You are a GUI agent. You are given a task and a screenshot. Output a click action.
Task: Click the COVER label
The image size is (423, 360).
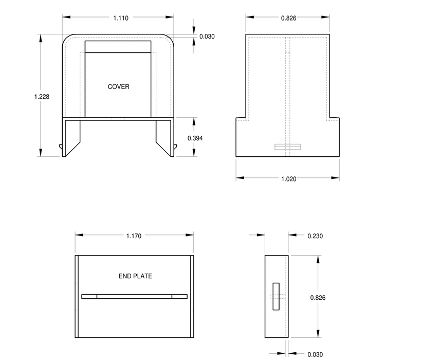[x=118, y=86]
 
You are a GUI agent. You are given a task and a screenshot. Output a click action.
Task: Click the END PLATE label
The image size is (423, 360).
[x=135, y=276]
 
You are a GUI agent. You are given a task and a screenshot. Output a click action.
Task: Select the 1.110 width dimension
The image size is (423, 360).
[x=121, y=18]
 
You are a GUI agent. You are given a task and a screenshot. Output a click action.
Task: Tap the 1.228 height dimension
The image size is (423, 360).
[x=42, y=96]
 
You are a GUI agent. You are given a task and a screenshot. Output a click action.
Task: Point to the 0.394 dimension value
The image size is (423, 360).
[x=195, y=138]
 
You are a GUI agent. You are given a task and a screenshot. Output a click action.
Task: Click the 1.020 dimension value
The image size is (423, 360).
[x=289, y=179]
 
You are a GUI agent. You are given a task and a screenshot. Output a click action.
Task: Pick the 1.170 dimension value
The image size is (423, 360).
[x=134, y=236]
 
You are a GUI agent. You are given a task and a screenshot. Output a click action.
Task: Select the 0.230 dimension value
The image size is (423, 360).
[x=315, y=236]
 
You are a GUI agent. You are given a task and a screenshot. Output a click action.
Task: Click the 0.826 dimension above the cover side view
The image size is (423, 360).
[x=289, y=18]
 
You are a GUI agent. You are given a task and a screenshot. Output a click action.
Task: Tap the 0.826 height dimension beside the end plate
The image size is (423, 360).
[x=318, y=298]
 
